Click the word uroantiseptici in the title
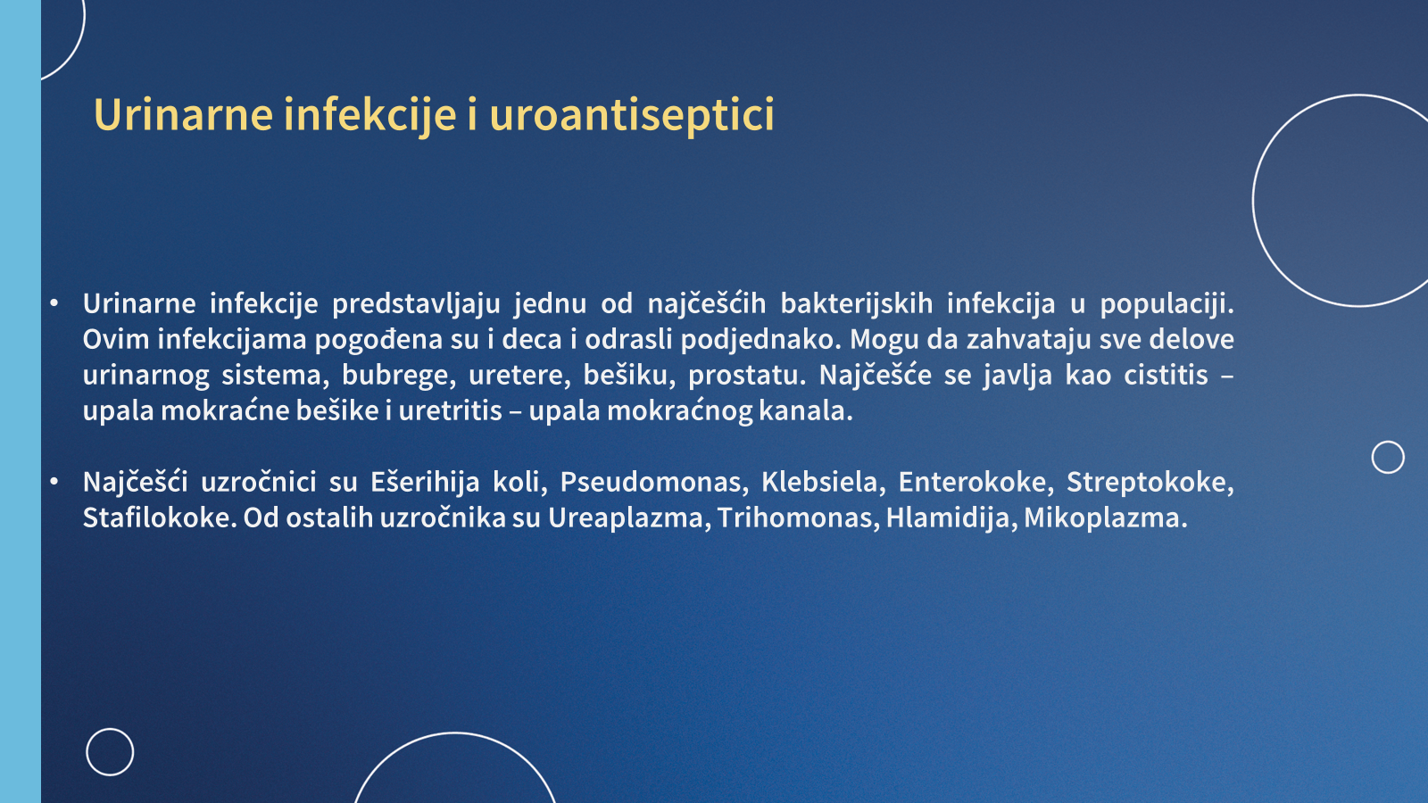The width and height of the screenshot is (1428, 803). pyautogui.click(x=632, y=115)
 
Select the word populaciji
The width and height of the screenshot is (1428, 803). pyautogui.click(x=1167, y=304)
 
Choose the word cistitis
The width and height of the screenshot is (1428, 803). pyautogui.click(x=1166, y=375)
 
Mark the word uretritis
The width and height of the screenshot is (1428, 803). pyautogui.click(x=451, y=411)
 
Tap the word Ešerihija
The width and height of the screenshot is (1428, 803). pyautogui.click(x=425, y=483)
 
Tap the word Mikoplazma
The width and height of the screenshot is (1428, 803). pyautogui.click(x=1106, y=518)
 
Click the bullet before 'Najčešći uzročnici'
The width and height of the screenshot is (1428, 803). pyautogui.click(x=54, y=482)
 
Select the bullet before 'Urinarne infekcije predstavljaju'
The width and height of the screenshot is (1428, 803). pyautogui.click(x=54, y=303)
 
